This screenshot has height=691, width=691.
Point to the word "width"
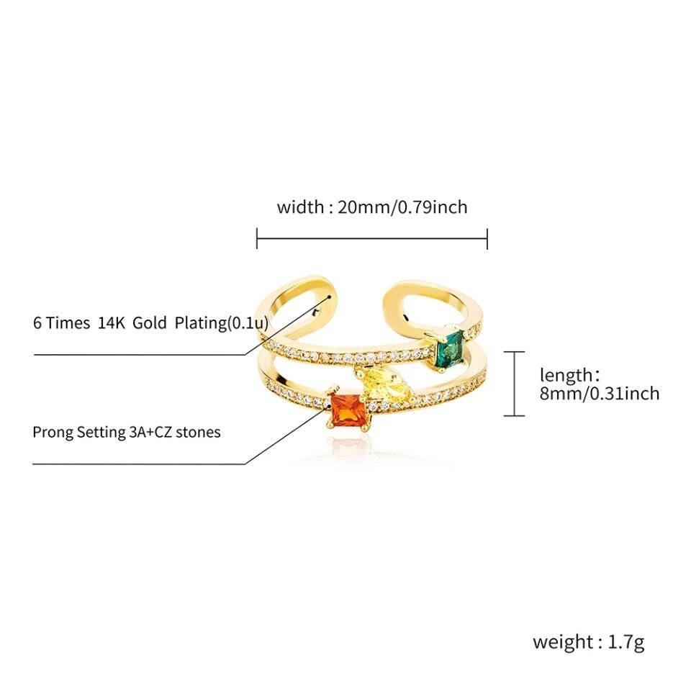(300, 207)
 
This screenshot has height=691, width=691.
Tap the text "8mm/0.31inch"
(600, 393)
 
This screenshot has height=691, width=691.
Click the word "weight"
(563, 642)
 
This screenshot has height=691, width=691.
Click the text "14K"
(112, 322)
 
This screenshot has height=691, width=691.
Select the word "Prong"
(52, 433)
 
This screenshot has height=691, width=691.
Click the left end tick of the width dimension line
(257, 239)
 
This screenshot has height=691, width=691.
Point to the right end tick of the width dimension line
(487, 239)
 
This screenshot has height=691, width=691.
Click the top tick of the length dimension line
(513, 352)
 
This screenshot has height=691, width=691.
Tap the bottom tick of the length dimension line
(513, 415)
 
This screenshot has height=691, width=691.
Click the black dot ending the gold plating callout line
(330, 295)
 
